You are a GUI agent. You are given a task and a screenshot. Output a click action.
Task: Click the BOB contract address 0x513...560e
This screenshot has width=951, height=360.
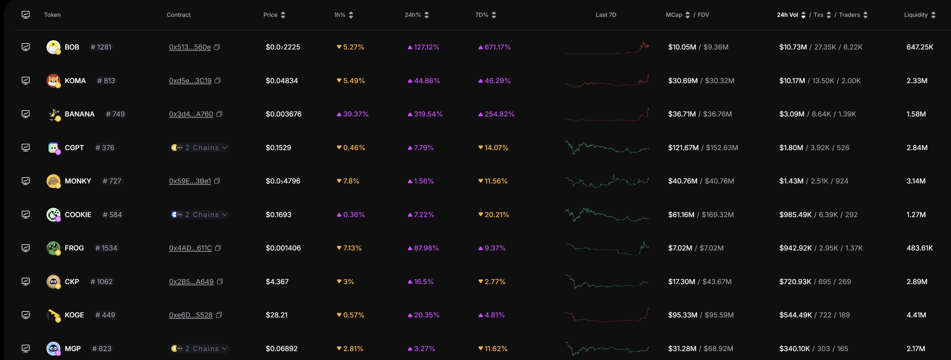190,47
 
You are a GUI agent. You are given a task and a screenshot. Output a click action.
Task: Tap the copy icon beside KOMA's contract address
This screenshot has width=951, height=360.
218,81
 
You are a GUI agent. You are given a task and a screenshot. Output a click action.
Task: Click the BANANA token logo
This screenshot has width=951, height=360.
53,114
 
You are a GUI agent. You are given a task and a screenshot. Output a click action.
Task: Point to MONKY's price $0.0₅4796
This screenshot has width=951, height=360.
283,181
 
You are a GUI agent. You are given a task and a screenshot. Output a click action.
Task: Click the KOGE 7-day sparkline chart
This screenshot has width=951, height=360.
607,315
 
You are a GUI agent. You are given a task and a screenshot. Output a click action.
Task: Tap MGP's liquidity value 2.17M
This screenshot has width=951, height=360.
916,348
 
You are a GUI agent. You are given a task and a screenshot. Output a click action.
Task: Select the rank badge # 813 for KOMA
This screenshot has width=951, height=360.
106,81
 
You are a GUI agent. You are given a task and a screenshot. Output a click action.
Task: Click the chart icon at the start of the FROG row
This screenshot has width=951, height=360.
25,248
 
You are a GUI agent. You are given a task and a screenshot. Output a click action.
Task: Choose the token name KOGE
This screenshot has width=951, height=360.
74,315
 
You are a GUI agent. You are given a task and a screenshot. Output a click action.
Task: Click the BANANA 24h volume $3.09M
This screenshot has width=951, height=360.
792,114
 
